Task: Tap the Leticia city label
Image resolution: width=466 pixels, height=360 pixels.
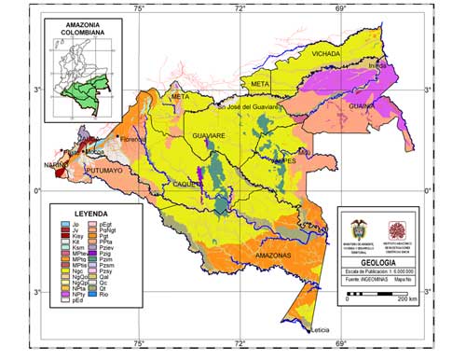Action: [322, 330]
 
